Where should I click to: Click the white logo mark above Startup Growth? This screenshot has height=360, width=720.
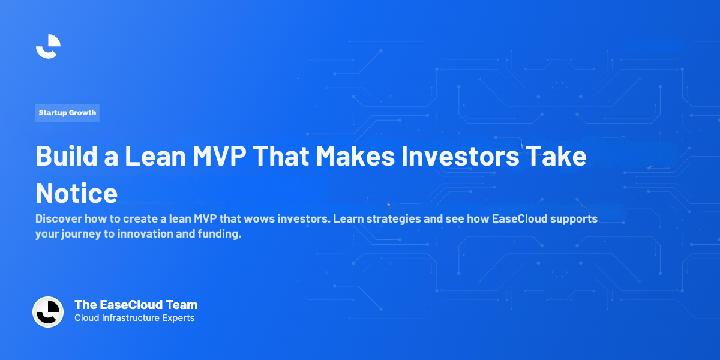48,46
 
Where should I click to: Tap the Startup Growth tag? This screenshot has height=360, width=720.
67,113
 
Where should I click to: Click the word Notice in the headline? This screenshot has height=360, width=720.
76,193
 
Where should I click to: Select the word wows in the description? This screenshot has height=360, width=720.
260,218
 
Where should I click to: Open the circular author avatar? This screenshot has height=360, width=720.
48,312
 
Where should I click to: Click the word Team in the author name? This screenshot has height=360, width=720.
183,305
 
